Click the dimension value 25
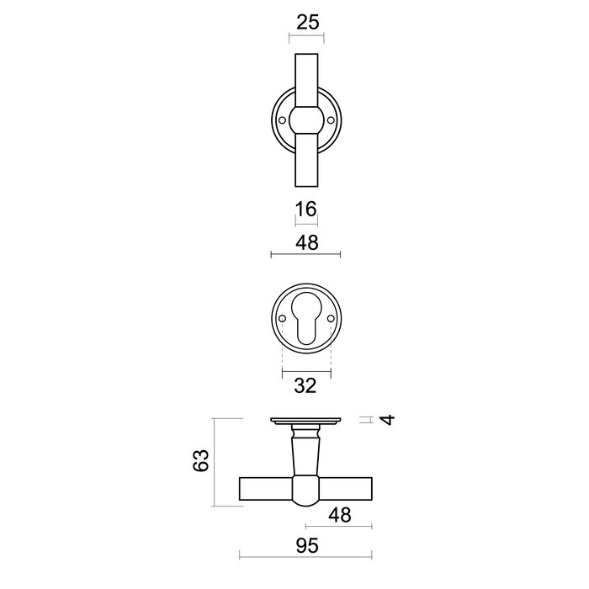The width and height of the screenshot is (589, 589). (308, 22)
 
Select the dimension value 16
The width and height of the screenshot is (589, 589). (306, 209)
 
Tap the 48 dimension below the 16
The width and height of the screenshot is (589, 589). (306, 242)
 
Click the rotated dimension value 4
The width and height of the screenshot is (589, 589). (386, 419)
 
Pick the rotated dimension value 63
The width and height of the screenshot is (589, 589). (199, 461)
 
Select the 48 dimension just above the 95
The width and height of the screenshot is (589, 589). (339, 514)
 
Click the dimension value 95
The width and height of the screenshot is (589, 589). (306, 546)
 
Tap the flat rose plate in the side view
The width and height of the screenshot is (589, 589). (305, 420)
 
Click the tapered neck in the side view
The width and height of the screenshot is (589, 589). (305, 450)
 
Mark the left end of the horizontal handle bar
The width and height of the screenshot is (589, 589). (247, 489)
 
